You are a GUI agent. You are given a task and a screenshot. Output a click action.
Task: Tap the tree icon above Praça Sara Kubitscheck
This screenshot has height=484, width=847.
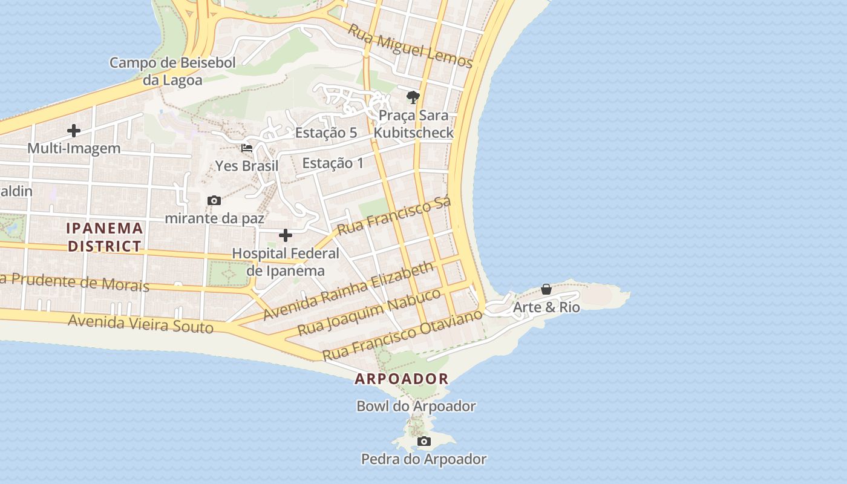point(413,97)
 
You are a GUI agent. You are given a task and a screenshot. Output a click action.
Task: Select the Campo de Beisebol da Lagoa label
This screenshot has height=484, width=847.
point(172,71)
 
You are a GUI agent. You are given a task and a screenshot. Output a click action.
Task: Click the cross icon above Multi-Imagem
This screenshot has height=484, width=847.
point(74,130)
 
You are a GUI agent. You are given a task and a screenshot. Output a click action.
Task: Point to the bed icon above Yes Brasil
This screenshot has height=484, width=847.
point(247,148)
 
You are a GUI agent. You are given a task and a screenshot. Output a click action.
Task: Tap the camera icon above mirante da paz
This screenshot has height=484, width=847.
point(214,200)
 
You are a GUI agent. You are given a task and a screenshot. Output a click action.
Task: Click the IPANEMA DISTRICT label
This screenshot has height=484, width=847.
point(105,237)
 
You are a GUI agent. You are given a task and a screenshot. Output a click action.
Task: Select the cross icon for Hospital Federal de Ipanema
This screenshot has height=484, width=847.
point(286,235)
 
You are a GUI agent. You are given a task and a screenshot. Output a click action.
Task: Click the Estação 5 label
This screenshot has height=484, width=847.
point(326,133)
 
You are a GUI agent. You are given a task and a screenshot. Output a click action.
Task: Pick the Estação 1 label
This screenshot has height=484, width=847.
point(333,163)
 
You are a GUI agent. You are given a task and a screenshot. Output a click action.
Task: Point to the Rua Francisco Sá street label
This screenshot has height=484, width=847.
point(394,216)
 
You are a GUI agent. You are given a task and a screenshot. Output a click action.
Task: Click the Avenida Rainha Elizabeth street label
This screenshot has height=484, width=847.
point(349,290)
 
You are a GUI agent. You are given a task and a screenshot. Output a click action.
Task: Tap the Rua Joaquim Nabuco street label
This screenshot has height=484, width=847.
point(370,313)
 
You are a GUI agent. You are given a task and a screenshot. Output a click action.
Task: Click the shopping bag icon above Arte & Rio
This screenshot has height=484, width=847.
point(546,289)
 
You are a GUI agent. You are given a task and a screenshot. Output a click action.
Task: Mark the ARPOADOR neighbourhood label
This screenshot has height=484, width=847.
point(402,379)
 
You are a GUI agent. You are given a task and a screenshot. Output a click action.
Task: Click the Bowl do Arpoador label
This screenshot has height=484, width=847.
point(416,406)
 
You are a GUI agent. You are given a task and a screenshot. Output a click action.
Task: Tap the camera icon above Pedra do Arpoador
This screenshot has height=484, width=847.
point(424,441)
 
